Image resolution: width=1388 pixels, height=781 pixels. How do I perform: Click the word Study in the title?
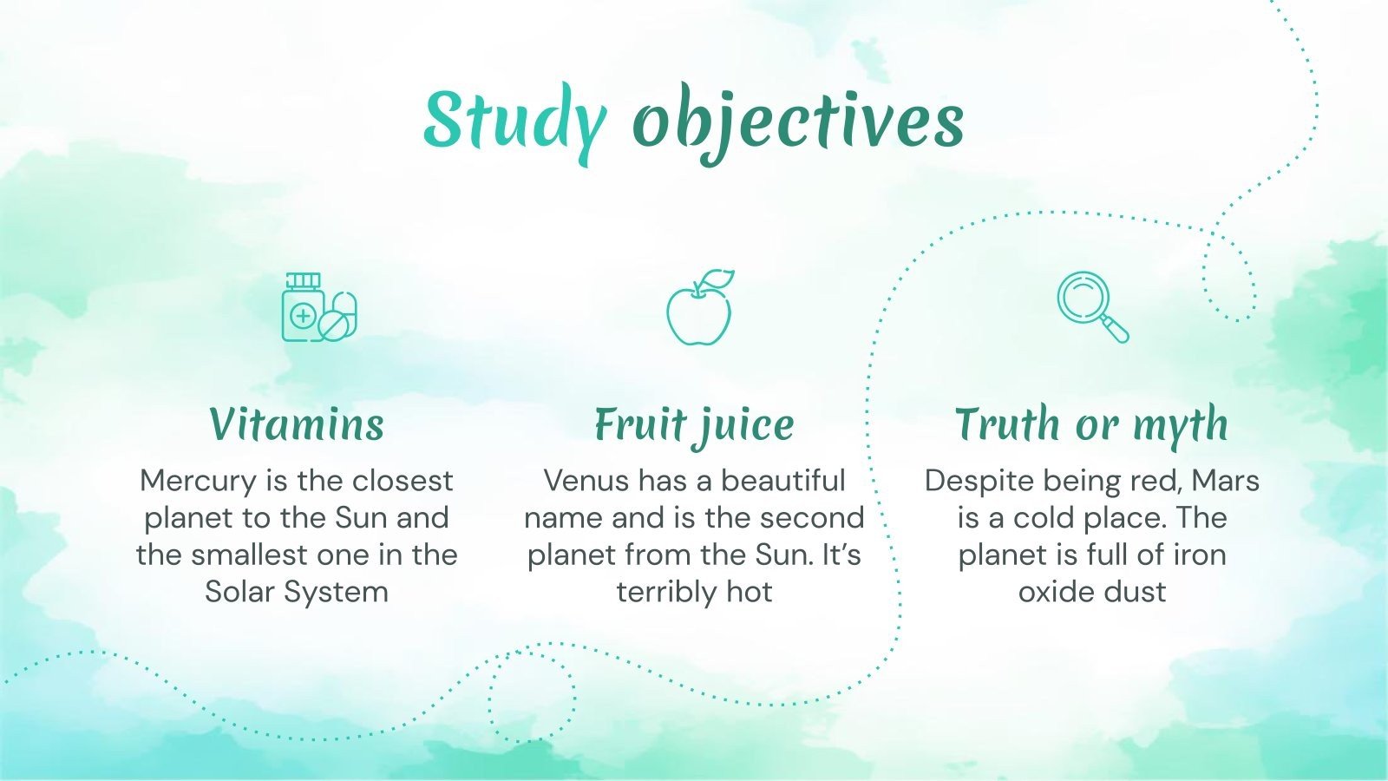pyautogui.click(x=514, y=121)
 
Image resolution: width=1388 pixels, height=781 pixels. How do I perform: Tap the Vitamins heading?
pyautogui.click(x=297, y=424)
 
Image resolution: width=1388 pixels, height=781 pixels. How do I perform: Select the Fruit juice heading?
pyautogui.click(x=694, y=424)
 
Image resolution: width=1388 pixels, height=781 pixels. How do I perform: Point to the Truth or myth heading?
pyautogui.click(x=1091, y=424)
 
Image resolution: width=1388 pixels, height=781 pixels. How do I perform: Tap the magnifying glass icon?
pyautogui.click(x=1091, y=306)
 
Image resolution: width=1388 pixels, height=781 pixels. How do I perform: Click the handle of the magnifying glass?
pyautogui.click(x=1116, y=330)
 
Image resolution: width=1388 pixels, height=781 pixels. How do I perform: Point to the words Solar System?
pyautogui.click(x=297, y=592)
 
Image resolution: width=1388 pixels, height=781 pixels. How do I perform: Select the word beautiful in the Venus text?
pyautogui.click(x=782, y=481)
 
